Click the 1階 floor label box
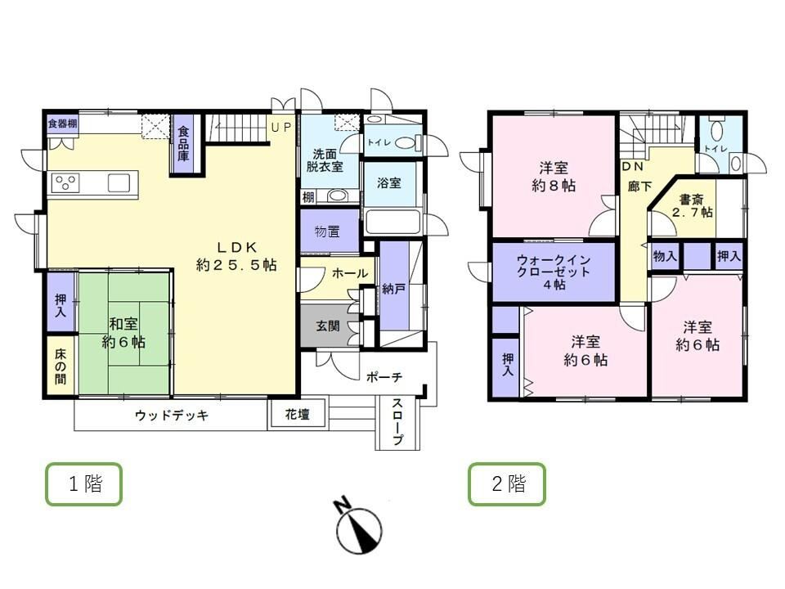tap(83, 483)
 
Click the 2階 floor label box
tap(507, 483)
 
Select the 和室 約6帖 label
tap(123, 333)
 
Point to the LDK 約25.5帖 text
tap(236, 256)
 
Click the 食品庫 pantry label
tap(184, 144)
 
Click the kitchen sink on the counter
tap(119, 182)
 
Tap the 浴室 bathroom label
tap(389, 182)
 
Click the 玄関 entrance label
tap(328, 326)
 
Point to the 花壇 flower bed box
tap(298, 414)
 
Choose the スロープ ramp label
tap(397, 422)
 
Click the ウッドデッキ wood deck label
tap(172, 416)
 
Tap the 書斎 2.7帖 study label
tap(693, 206)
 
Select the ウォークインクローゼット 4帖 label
tap(554, 272)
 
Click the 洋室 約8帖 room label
tap(554, 177)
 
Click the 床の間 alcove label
tap(61, 366)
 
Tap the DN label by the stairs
tap(632, 166)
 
